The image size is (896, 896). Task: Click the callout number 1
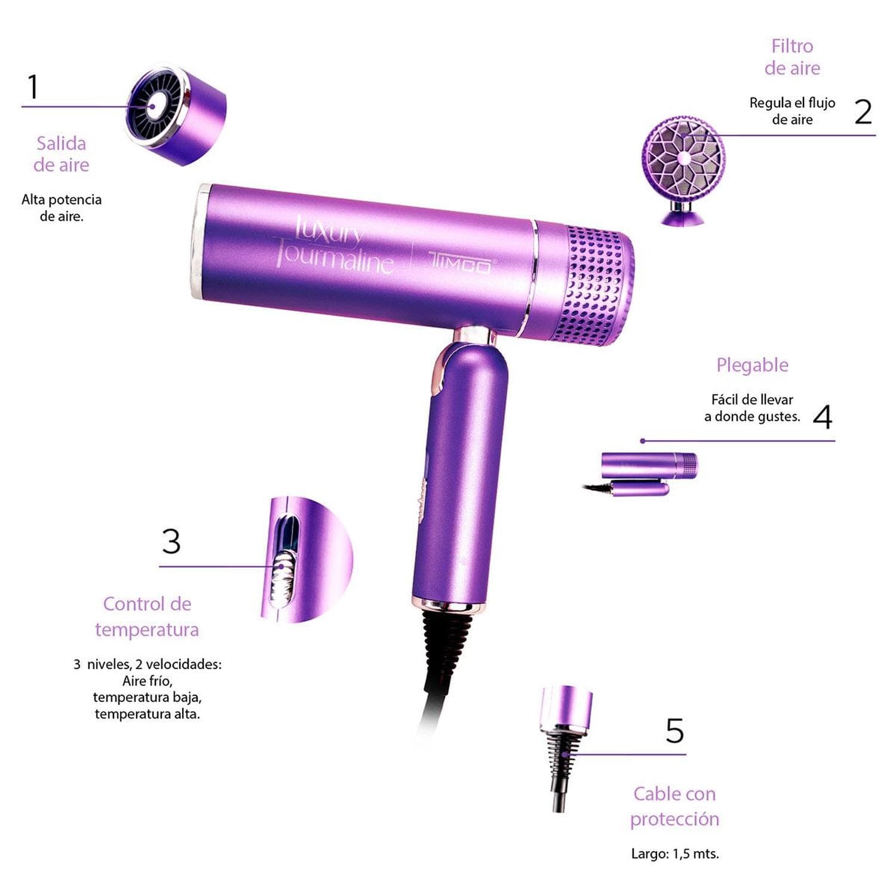tap(33, 87)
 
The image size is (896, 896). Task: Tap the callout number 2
tap(863, 112)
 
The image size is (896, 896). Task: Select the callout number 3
tap(171, 541)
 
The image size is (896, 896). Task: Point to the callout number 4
tap(823, 417)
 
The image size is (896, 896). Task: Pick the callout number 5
tap(674, 731)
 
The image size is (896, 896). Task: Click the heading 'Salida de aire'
tap(61, 154)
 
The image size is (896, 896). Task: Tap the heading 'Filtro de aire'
tap(792, 57)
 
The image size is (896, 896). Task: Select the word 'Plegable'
tap(752, 365)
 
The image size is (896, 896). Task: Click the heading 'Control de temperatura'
tap(147, 616)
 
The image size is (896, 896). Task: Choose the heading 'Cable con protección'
tap(674, 806)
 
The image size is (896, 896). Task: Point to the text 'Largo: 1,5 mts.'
tap(675, 854)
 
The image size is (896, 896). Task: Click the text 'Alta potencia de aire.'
tap(61, 208)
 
